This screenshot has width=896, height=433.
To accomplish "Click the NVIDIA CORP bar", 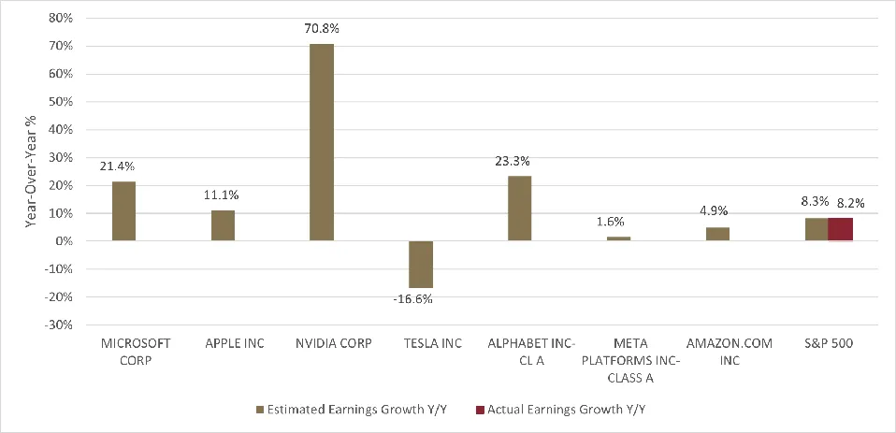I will coord(322,142).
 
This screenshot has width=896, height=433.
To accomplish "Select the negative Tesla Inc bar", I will coord(421,264).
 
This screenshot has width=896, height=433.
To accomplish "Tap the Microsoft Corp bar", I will coord(123,210).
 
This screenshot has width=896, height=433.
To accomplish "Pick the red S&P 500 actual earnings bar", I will coord(841,229).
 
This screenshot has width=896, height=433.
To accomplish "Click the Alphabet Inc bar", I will coord(520,208).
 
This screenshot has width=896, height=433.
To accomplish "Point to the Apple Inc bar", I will coord(223,225).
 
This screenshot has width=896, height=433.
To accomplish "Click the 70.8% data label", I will coord(322,29).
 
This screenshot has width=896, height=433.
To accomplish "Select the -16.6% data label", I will coord(421,299).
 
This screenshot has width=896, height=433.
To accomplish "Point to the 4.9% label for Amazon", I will coord(717,212).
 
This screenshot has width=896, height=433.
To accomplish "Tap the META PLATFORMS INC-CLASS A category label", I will coord(618,360).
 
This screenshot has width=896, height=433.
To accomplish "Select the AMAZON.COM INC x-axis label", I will coord(717,352).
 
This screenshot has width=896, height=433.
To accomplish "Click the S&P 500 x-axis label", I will coord(829,343).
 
